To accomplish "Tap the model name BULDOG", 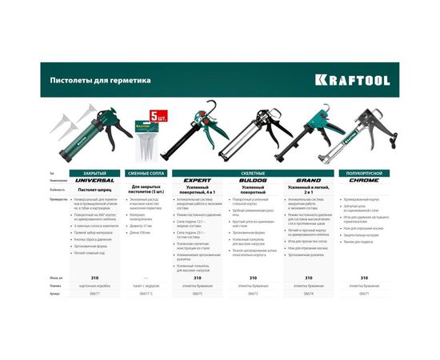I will [x=253, y=181].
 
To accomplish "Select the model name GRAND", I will [x=308, y=181].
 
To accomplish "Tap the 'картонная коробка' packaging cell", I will [x=94, y=286].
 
